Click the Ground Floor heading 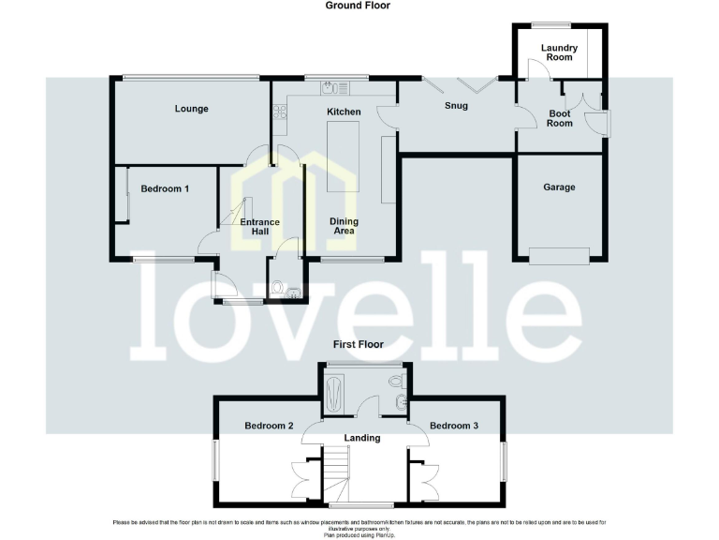pyautogui.click(x=358, y=6)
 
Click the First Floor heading pyautogui.click(x=358, y=344)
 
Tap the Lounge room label pyautogui.click(x=191, y=109)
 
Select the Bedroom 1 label pyautogui.click(x=165, y=188)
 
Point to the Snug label pyautogui.click(x=456, y=105)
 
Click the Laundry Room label pyautogui.click(x=560, y=52)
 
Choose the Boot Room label pyautogui.click(x=560, y=118)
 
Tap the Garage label pyautogui.click(x=560, y=187)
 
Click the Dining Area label pyautogui.click(x=344, y=227)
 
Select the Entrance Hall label pyautogui.click(x=259, y=227)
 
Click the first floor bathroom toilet pyautogui.click(x=396, y=382)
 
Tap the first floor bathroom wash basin pyautogui.click(x=401, y=404)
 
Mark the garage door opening pyautogui.click(x=560, y=253)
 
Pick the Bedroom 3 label pyautogui.click(x=454, y=426)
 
